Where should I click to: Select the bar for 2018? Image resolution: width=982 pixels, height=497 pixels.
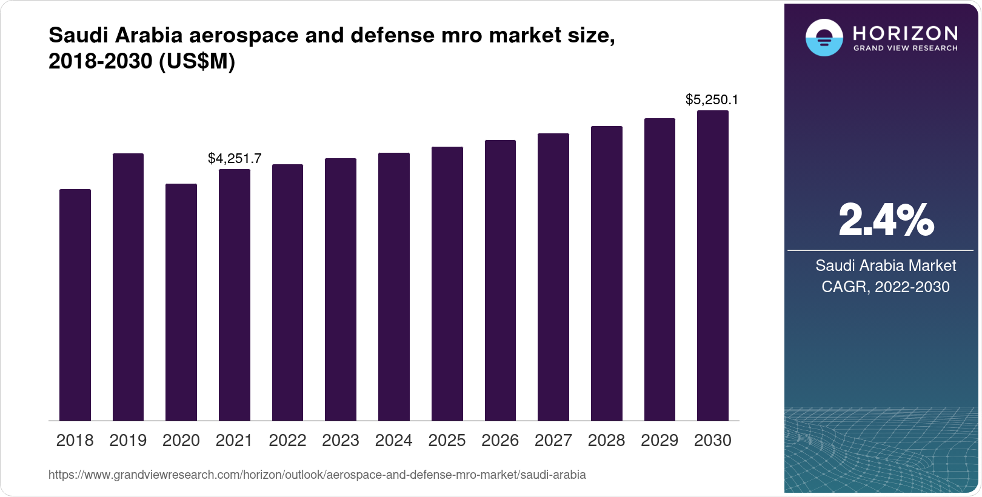pyautogui.click(x=75, y=305)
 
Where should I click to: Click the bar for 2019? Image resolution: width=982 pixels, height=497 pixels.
pyautogui.click(x=128, y=287)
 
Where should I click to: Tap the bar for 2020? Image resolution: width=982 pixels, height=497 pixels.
pyautogui.click(x=181, y=302)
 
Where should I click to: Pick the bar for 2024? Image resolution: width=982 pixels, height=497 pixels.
pyautogui.click(x=394, y=287)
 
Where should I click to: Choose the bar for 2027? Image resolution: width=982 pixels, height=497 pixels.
pyautogui.click(x=553, y=277)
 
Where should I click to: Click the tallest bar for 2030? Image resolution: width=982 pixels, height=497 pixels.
pyautogui.click(x=713, y=265)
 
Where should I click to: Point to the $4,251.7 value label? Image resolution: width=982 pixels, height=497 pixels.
pyautogui.click(x=235, y=159)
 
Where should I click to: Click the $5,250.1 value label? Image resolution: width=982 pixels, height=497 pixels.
pyautogui.click(x=712, y=99)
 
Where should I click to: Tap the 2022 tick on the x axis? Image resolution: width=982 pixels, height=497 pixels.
pyautogui.click(x=287, y=441)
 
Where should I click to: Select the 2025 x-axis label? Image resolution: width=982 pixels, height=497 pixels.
pyautogui.click(x=447, y=441)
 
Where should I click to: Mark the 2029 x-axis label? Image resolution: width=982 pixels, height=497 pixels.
pyautogui.click(x=660, y=441)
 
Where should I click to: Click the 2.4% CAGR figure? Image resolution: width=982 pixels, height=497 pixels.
pyautogui.click(x=886, y=221)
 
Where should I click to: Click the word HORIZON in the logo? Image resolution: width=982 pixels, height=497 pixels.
pyautogui.click(x=906, y=33)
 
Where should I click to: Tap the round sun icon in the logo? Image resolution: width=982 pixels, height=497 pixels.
pyautogui.click(x=824, y=38)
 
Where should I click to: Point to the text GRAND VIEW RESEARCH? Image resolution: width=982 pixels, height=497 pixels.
pyautogui.click(x=906, y=48)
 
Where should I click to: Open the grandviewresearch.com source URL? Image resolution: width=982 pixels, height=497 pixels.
pyautogui.click(x=317, y=475)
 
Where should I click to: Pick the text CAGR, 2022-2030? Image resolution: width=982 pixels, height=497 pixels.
pyautogui.click(x=886, y=287)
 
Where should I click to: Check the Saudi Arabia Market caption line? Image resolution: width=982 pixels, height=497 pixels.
pyautogui.click(x=886, y=265)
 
